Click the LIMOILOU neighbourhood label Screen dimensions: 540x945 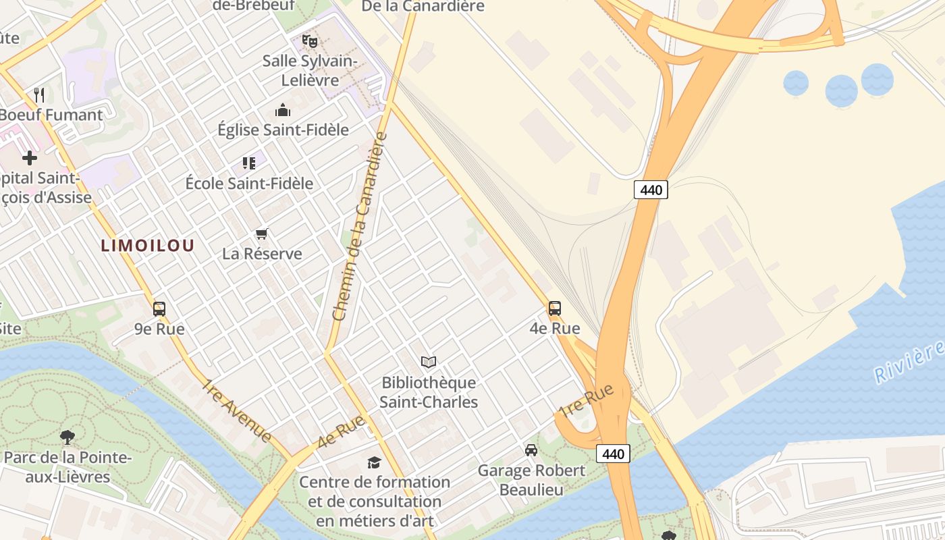(147, 246)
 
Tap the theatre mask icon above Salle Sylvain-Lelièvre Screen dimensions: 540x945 (310, 41)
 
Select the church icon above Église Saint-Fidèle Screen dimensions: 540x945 (283, 110)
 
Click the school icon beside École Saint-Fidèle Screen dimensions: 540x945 (249, 163)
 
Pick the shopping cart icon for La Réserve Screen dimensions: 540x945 (262, 234)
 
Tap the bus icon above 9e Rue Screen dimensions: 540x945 (159, 309)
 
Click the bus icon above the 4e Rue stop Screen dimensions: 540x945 (554, 308)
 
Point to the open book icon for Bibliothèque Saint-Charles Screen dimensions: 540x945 (429, 362)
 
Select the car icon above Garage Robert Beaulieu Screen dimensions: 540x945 (531, 450)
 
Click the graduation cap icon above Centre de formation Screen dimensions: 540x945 (374, 462)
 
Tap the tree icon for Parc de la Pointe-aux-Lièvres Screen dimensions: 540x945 (67, 437)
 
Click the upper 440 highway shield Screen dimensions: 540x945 (651, 190)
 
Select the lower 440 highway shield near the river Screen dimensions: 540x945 (613, 454)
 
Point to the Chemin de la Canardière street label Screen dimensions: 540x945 (362, 226)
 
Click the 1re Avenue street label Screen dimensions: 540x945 (238, 410)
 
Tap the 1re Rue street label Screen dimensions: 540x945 (586, 400)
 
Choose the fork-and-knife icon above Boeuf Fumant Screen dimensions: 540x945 (39, 95)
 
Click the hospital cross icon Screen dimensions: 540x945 (30, 158)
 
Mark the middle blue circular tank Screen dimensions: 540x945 (841, 90)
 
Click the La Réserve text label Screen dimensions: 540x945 (262, 254)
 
